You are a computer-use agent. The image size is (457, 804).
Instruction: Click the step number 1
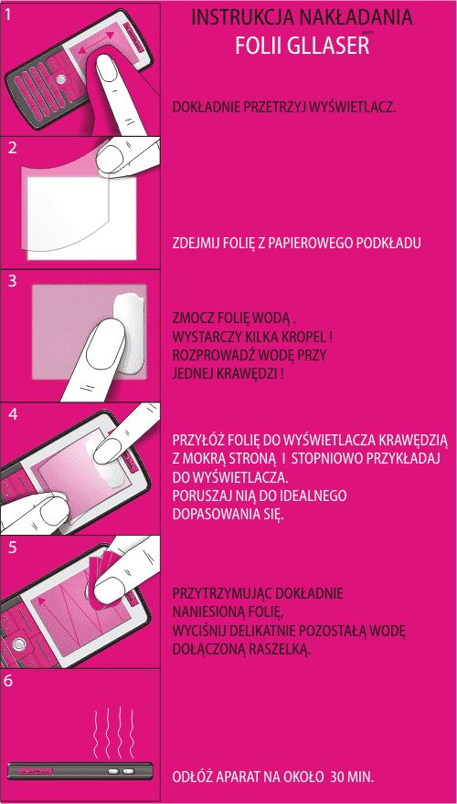[x=9, y=15]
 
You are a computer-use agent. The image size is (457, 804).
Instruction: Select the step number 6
[x=9, y=681]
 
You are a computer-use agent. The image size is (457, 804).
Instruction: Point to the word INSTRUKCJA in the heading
[x=240, y=17]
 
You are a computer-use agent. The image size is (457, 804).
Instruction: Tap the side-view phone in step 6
[x=80, y=770]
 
